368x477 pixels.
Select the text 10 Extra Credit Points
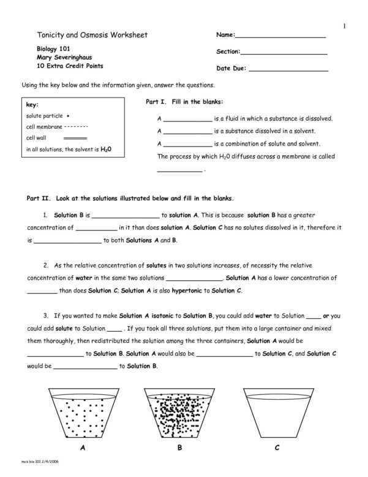click(70, 65)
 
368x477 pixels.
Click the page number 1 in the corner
click(344, 26)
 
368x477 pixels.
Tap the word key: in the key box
click(32, 105)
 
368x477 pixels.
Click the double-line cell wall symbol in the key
click(75, 139)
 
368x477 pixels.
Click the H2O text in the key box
click(106, 149)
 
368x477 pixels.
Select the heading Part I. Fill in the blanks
click(184, 101)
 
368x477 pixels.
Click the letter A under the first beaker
click(82, 448)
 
